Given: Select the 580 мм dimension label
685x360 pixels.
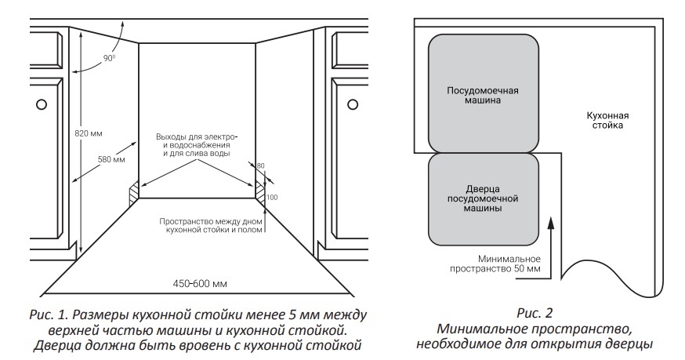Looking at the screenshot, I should click(110, 159).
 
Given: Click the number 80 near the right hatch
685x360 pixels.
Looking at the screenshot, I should click(261, 165).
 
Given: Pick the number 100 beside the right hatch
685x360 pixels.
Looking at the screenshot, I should click(271, 197).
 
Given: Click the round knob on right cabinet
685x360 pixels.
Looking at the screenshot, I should click(353, 104).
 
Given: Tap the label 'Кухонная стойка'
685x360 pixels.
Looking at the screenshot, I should click(608, 119).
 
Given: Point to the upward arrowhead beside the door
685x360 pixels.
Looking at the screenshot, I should click(552, 224).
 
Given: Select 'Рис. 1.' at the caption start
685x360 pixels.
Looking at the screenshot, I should click(43, 315).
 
